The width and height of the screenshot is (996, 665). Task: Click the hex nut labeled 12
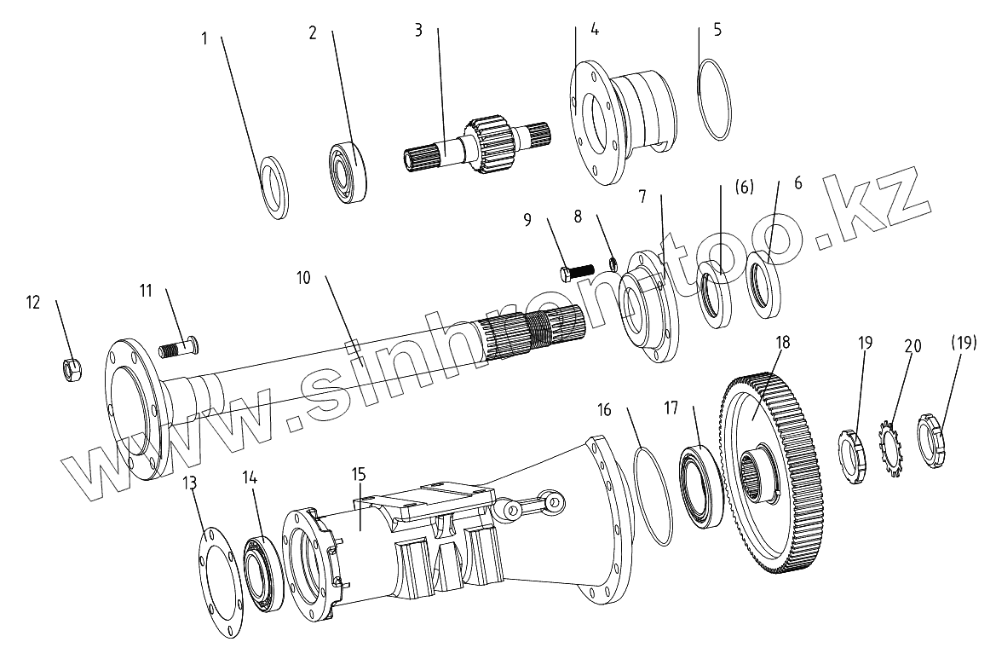72,370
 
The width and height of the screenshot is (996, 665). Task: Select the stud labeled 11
180,347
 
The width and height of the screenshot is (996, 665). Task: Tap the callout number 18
783,343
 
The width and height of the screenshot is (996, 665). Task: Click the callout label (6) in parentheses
744,188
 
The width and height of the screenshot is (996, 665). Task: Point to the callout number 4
594,29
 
